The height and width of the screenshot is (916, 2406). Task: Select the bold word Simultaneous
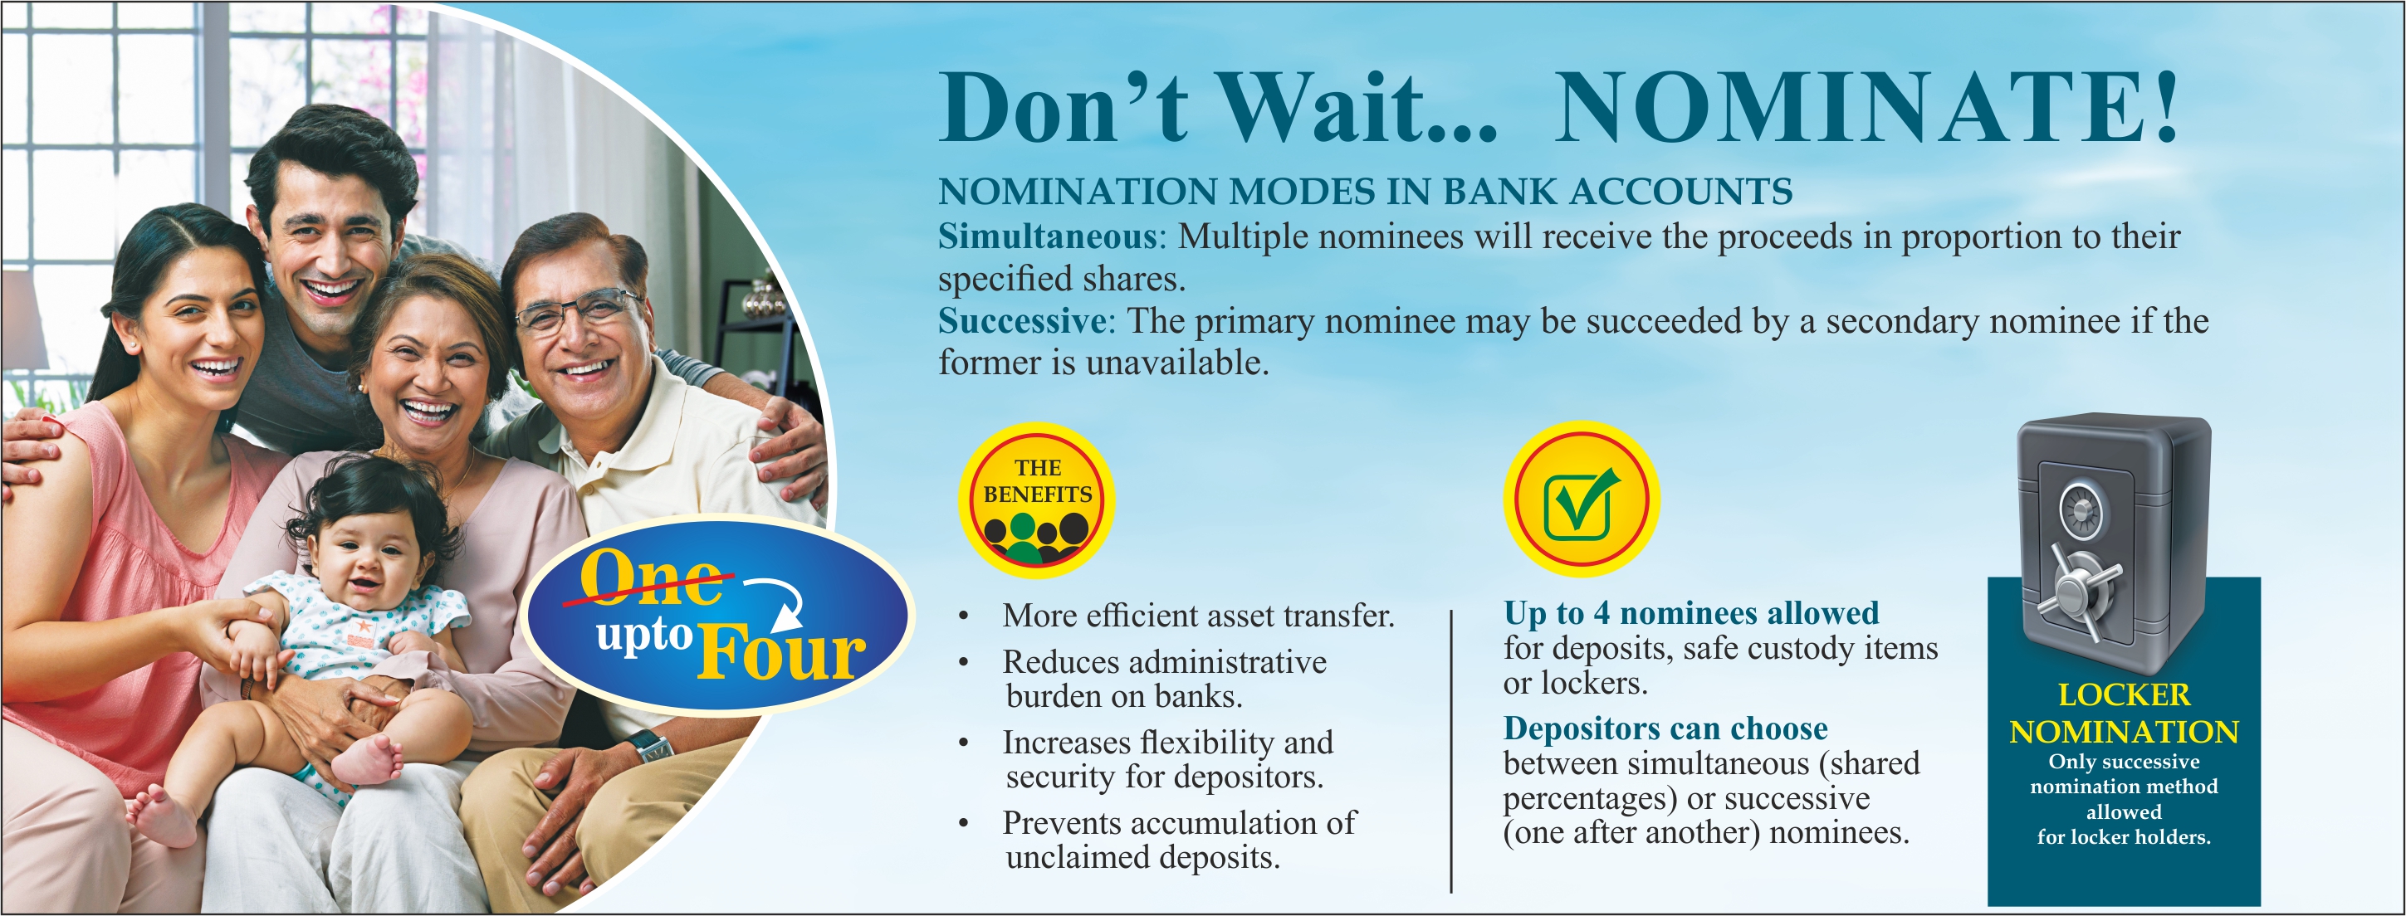click(x=1047, y=237)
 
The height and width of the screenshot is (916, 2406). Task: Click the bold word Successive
click(x=1022, y=321)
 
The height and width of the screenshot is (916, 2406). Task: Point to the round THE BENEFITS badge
click(x=1037, y=499)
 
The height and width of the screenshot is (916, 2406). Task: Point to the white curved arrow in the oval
click(x=777, y=602)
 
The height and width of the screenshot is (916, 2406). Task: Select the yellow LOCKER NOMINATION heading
click(x=2123, y=714)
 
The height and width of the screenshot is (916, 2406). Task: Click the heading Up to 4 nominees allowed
click(x=1690, y=612)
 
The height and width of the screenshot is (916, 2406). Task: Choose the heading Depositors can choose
click(x=1665, y=728)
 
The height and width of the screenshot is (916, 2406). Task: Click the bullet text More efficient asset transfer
click(x=1197, y=616)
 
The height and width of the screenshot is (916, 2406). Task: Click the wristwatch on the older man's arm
click(x=649, y=747)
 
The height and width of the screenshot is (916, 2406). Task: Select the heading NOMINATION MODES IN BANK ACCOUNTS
click(x=1365, y=192)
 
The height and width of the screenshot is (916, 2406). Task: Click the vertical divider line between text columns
click(x=1450, y=752)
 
